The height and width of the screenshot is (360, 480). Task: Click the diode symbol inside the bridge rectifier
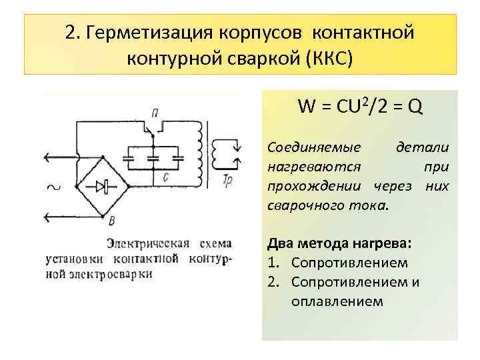[x=102, y=187]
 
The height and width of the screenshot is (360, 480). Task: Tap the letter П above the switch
[x=155, y=111]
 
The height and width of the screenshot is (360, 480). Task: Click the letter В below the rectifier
[x=111, y=221]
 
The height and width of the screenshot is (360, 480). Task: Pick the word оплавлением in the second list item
[x=337, y=301]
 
